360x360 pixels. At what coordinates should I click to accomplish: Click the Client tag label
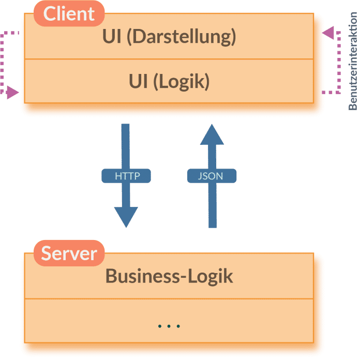[x=69, y=14]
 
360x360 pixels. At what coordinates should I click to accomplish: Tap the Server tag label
[x=69, y=253]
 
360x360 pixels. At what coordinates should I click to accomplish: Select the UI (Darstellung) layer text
[x=169, y=37]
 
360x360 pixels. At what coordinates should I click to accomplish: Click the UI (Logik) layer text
[x=169, y=82]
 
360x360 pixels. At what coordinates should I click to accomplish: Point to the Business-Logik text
[x=169, y=276]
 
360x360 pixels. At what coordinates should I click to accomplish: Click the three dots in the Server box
[x=169, y=326]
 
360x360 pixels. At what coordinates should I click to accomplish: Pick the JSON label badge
[x=211, y=176]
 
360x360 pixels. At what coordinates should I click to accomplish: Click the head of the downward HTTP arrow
[x=126, y=216]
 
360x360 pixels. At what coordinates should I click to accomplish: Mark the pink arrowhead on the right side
[x=327, y=33]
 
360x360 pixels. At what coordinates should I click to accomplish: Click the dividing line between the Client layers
[x=169, y=59]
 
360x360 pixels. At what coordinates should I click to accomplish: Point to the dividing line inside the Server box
[x=169, y=298]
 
